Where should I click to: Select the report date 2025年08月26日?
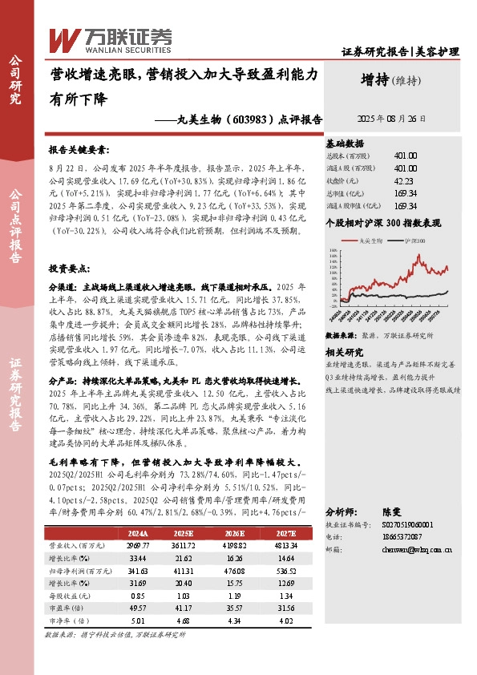391,117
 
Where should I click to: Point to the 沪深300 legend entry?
416,240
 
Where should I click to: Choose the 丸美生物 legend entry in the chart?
365,240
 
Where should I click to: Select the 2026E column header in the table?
234,532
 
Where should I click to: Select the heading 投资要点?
68,269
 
